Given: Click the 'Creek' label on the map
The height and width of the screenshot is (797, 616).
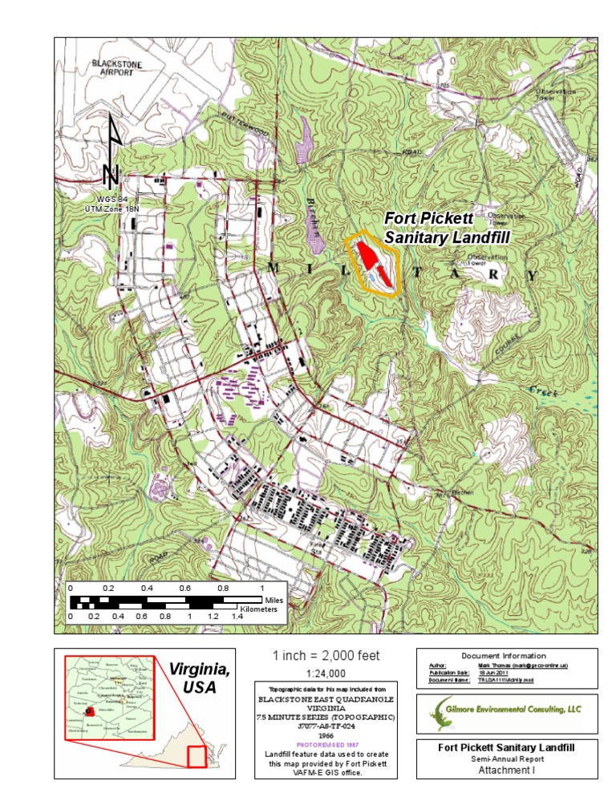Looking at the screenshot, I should pos(542,391).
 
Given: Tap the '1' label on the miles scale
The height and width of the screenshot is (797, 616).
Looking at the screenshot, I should pos(262,589).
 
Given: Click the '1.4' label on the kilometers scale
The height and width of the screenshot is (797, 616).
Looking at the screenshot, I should pos(237,617).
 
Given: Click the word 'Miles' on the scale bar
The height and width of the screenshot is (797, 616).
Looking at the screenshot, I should pos(274,600).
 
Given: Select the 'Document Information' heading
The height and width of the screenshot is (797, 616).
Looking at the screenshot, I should pos(506,656).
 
